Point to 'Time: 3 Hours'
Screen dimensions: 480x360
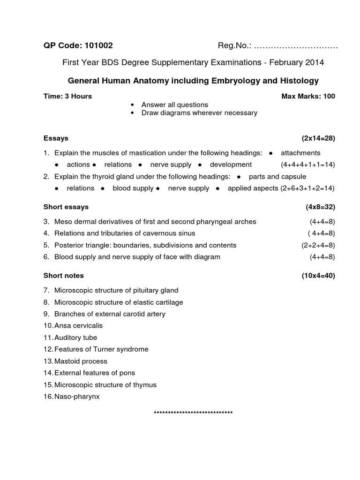[x=67, y=96]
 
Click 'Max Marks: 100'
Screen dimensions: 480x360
[x=308, y=96]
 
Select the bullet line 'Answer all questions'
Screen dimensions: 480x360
[x=174, y=105]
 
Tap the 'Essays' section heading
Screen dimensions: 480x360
[x=56, y=138]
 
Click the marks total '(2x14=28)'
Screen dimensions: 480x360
[x=318, y=138]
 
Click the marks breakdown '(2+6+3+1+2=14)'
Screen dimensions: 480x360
[x=307, y=188]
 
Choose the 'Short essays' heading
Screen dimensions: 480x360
[x=66, y=207]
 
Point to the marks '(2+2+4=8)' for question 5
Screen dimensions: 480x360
[x=318, y=245]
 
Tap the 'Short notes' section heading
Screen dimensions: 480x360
[x=63, y=276]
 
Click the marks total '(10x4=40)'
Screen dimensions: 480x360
[x=318, y=276]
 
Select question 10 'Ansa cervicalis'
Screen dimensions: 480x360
[x=78, y=325]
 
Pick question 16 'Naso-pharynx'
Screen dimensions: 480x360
[x=77, y=397]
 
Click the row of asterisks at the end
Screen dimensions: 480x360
[x=193, y=413]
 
